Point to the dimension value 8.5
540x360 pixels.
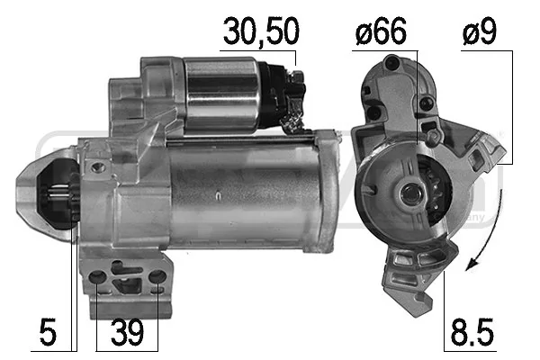point(473,334)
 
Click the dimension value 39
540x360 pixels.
point(127,334)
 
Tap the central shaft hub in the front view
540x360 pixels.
point(409,193)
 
